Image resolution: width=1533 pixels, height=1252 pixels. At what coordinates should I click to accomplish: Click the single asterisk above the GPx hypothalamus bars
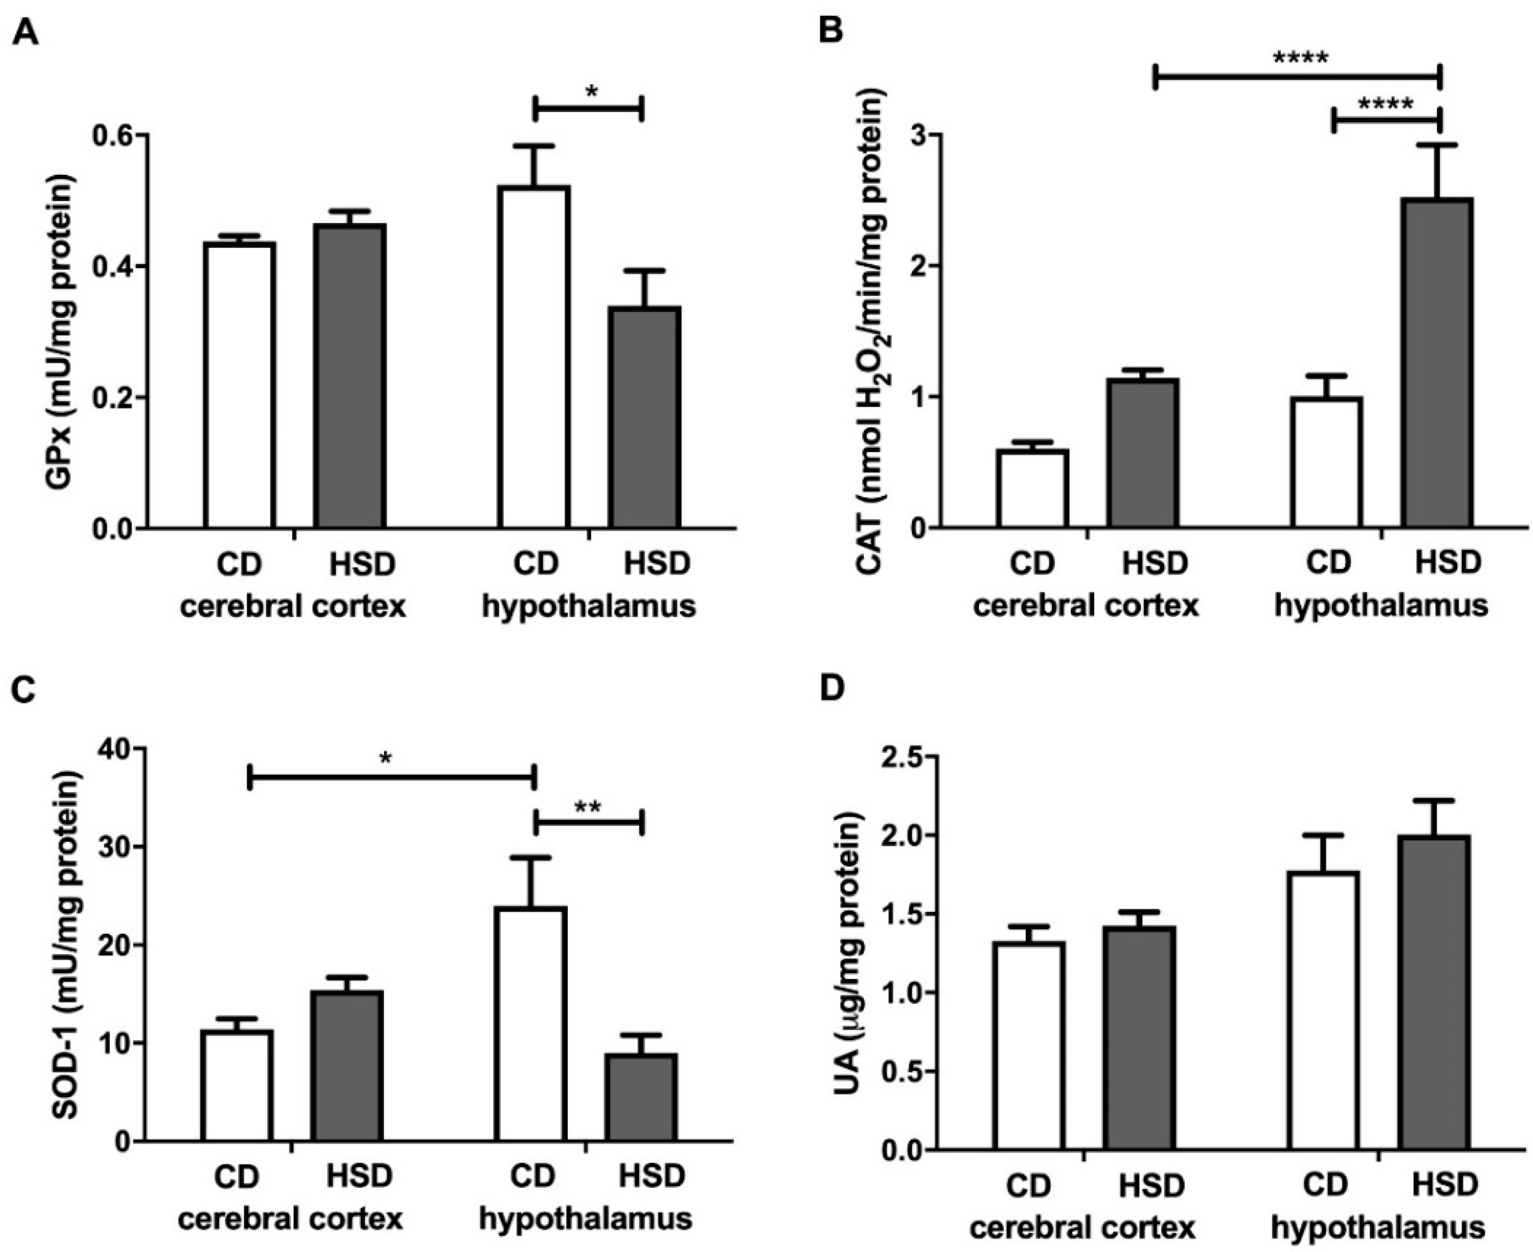(591, 92)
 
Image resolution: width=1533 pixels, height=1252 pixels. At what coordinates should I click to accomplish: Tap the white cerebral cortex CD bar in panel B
(1033, 488)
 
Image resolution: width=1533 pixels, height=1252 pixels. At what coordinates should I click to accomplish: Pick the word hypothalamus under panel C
(586, 1218)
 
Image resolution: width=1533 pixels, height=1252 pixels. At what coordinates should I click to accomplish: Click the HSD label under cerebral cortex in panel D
(1152, 1185)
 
